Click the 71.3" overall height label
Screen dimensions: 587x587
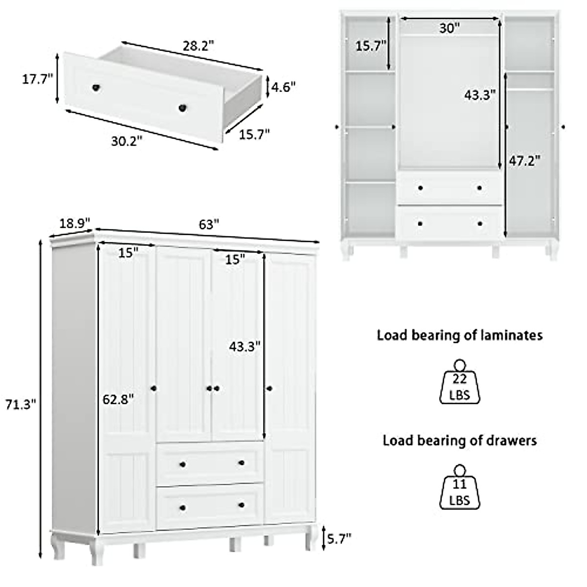20,405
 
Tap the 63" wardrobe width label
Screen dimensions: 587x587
208,225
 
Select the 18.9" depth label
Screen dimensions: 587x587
75,223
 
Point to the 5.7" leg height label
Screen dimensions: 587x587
339,539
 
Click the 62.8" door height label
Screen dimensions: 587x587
118,399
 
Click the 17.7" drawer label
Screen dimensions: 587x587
37,79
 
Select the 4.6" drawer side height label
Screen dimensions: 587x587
284,87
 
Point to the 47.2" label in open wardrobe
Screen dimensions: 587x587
524,160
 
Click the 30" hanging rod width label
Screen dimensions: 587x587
449,28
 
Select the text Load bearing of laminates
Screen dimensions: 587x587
459,335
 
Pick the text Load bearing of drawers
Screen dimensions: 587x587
459,440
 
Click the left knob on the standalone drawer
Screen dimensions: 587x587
96,88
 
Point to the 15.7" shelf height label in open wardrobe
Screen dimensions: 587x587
371,46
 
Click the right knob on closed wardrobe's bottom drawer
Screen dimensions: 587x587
241,505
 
